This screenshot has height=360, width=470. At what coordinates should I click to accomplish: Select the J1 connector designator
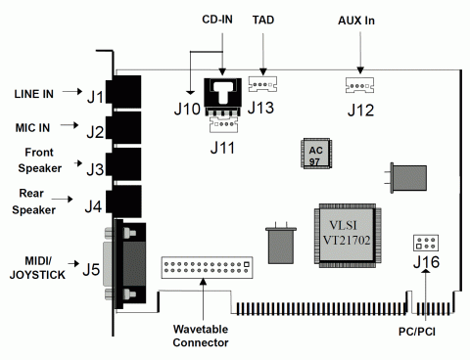pyautogui.click(x=94, y=96)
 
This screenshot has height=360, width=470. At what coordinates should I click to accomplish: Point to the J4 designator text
pyautogui.click(x=94, y=206)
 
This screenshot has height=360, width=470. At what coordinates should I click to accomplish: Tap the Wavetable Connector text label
pyautogui.click(x=203, y=335)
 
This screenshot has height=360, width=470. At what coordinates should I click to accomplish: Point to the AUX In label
pyautogui.click(x=357, y=20)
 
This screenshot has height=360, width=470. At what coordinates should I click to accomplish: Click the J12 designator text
pyautogui.click(x=361, y=110)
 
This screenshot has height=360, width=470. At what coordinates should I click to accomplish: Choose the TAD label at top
pyautogui.click(x=263, y=20)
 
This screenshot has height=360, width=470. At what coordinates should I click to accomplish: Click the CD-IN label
pyautogui.click(x=217, y=19)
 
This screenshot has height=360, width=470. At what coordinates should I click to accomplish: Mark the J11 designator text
pyautogui.click(x=224, y=149)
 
